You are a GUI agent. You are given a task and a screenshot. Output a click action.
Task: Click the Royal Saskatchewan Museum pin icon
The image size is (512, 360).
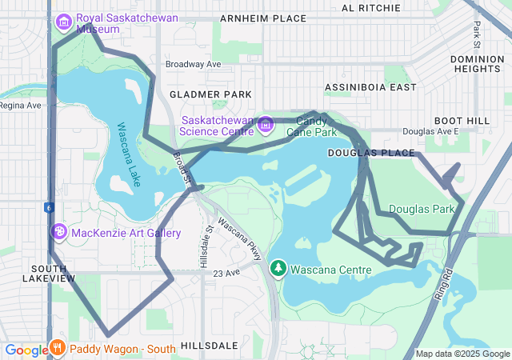pos(64,20)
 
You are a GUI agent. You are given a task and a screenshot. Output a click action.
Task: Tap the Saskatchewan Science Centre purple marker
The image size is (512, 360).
pos(266,124)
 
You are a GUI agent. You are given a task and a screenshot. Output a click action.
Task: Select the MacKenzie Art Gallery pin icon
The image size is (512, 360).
pos(58,233)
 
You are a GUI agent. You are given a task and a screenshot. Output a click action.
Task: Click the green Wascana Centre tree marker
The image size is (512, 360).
pos(278,268)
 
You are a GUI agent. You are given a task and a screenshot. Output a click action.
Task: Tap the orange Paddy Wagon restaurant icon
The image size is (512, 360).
pos(58,348)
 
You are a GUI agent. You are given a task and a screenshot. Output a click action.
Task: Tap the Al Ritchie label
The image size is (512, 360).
pos(370,8)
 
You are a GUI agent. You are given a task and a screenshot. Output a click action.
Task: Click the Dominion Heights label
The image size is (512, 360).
pos(477,64)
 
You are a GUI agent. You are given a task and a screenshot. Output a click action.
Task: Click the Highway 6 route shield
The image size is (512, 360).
pos(49,208)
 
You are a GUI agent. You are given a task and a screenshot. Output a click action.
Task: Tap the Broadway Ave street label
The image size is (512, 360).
pos(193,64)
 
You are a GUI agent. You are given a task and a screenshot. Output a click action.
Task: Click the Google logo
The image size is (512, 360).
pos(26,350)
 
